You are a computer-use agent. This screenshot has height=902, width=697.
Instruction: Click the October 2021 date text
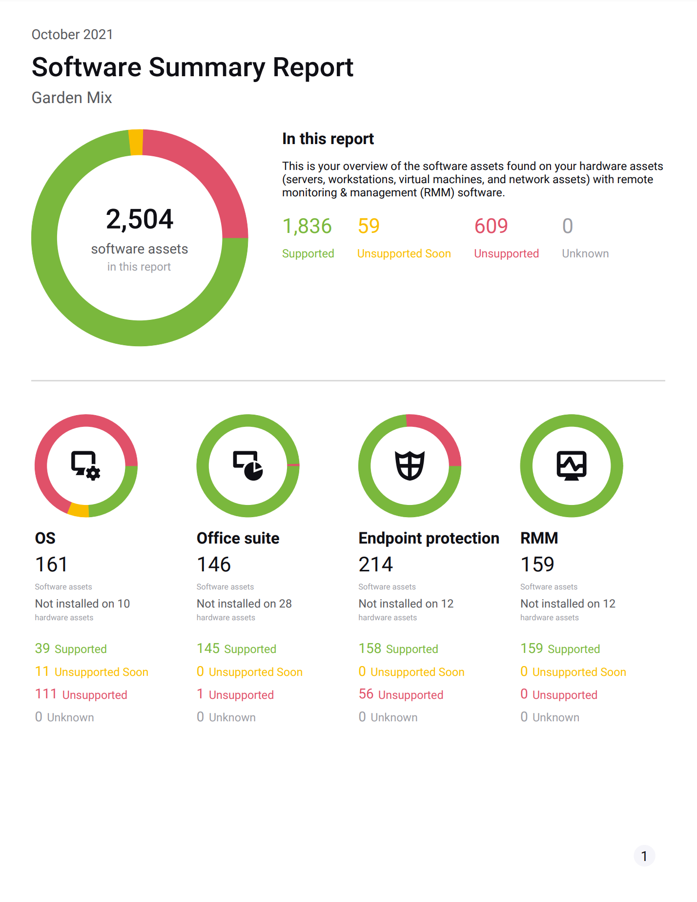[x=72, y=35]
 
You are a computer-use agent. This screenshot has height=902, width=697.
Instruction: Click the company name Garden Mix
[x=72, y=98]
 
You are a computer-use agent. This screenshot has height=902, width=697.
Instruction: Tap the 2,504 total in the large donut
[x=140, y=219]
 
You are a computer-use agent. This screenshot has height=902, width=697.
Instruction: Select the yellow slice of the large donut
[x=136, y=142]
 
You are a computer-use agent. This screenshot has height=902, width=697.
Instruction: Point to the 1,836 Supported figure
[x=307, y=226]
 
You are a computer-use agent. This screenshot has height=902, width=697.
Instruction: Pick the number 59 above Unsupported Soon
[x=369, y=226]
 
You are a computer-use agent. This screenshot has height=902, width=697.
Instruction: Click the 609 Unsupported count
[x=491, y=226]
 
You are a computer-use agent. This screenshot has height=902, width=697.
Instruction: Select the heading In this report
[x=328, y=139]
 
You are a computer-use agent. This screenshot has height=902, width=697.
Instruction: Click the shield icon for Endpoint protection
[x=410, y=465]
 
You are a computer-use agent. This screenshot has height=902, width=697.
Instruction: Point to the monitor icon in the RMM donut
[x=572, y=465]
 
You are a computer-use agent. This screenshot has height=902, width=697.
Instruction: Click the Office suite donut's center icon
[x=248, y=465]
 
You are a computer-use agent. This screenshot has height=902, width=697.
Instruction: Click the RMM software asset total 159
[x=537, y=565]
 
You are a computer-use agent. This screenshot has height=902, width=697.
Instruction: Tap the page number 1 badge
[x=644, y=856]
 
